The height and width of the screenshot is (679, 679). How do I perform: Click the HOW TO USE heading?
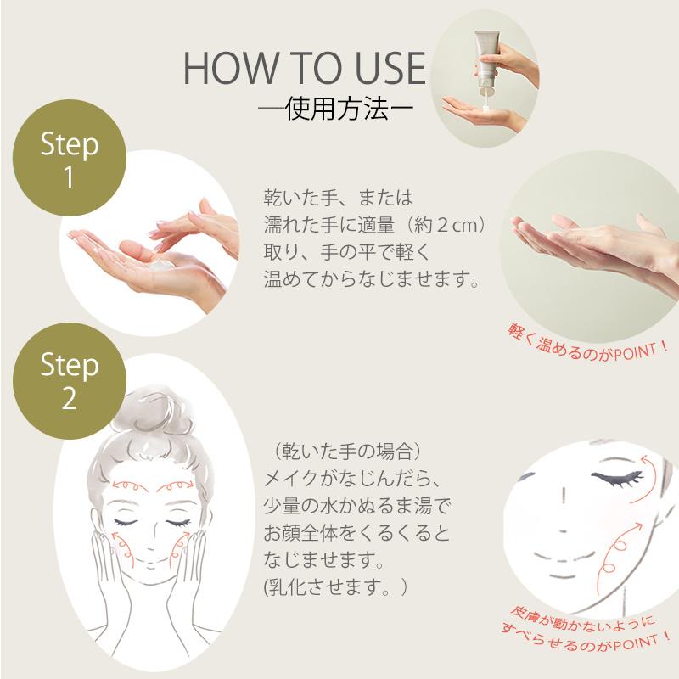(303, 70)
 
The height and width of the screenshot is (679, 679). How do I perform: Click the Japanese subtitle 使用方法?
(325, 110)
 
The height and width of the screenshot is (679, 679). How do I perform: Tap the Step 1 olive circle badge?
(70, 159)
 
